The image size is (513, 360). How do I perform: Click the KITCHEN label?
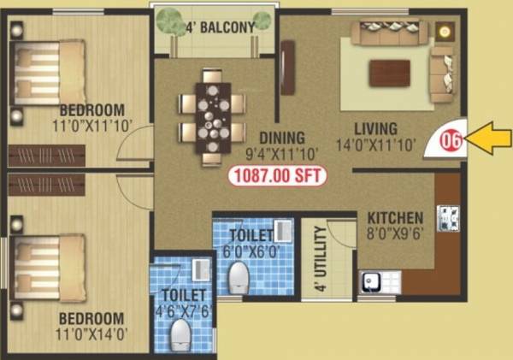pos(396,216)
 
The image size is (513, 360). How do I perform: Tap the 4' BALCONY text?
pos(221,27)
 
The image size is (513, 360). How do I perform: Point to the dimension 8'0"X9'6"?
pos(396,233)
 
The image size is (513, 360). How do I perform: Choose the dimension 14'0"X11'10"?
pos(377,145)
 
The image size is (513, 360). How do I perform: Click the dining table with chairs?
pos(210,114)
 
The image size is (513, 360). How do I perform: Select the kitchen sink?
pos(371,280)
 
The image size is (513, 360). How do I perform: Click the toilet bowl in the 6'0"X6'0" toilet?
pos(239,276)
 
